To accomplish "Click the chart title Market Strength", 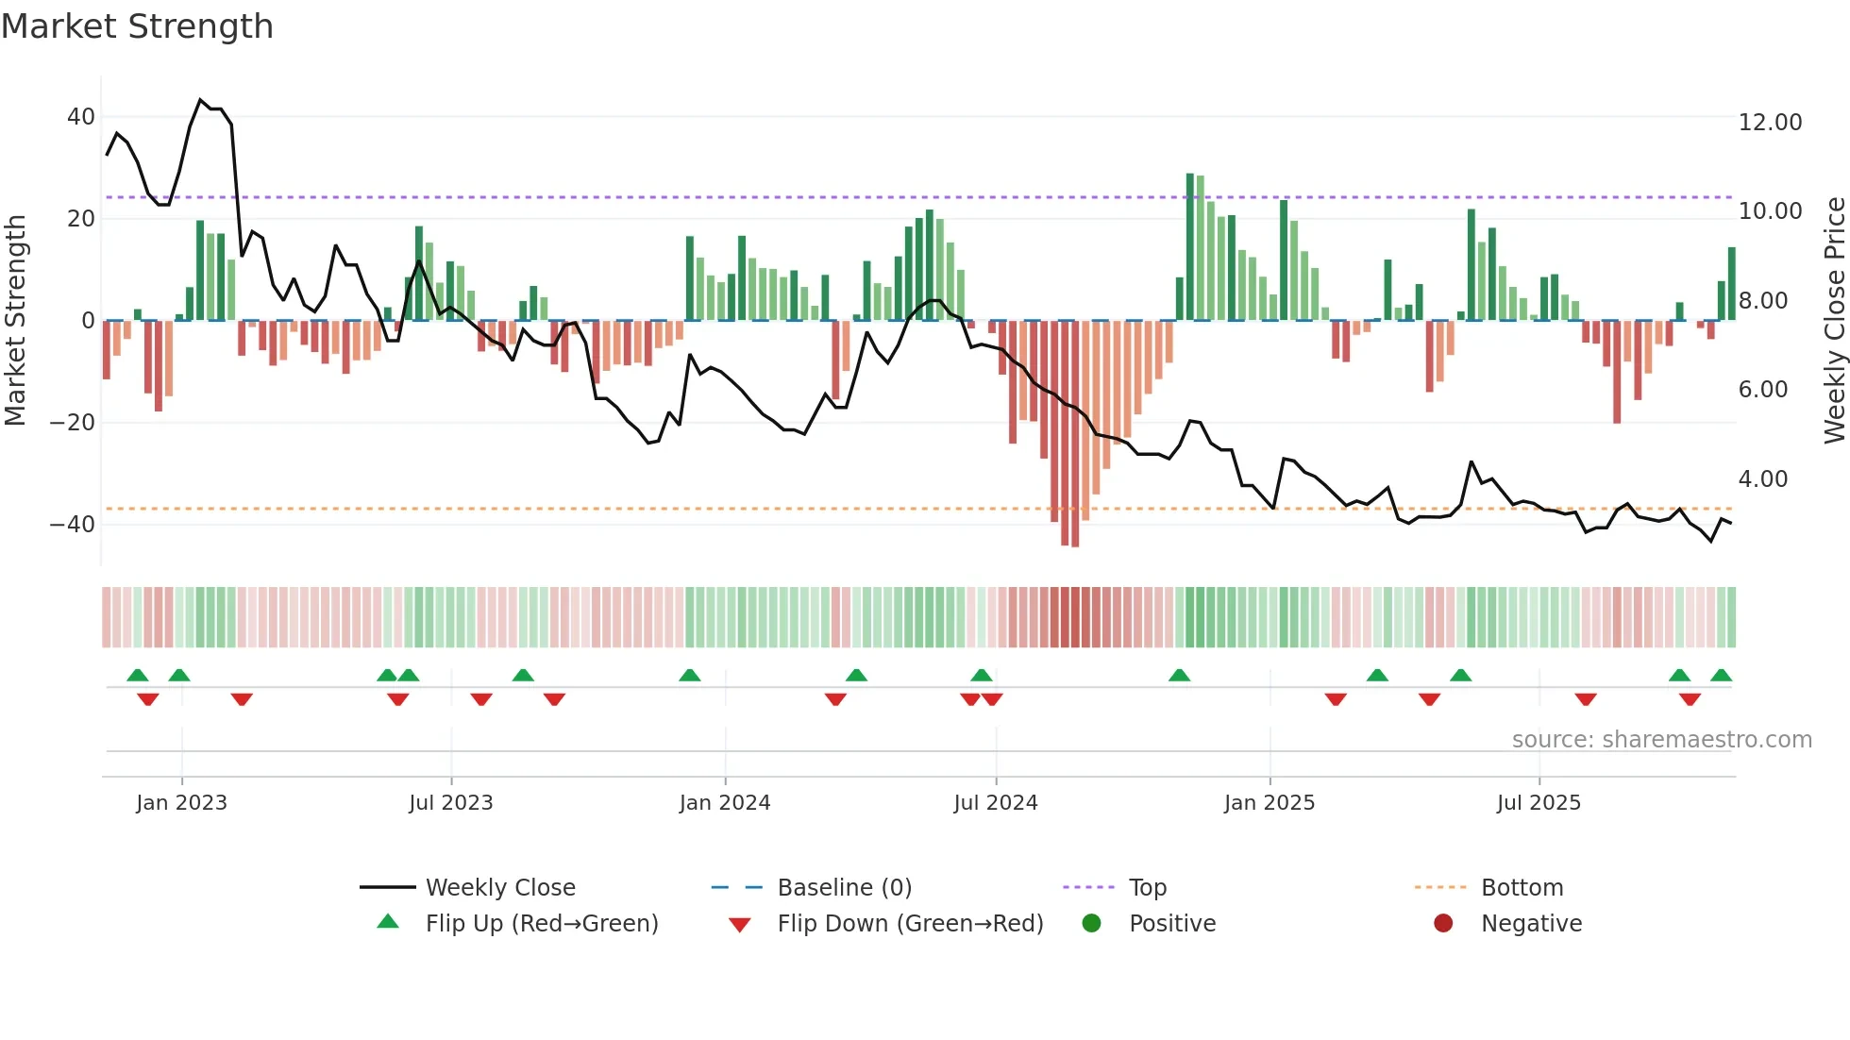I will click(x=137, y=26).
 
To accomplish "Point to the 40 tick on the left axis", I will click(x=81, y=117).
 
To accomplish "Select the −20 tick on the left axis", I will click(x=73, y=423).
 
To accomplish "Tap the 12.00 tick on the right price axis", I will click(x=1770, y=123).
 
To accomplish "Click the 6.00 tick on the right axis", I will click(x=1762, y=390).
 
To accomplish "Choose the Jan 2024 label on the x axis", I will click(x=724, y=803).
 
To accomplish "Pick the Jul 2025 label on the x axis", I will click(x=1538, y=803).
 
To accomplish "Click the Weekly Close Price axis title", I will click(x=1834, y=321).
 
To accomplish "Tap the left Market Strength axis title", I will click(x=16, y=321).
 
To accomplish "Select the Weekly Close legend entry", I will click(x=499, y=888).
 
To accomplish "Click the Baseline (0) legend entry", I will click(x=844, y=888).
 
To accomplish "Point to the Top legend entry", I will click(x=1147, y=888).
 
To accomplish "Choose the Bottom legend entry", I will click(x=1522, y=888).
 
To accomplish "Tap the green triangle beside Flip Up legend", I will click(x=388, y=922).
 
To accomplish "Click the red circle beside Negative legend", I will click(x=1442, y=923).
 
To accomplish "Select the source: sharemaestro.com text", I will click(x=1661, y=740).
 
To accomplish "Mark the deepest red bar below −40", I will click(x=1075, y=434).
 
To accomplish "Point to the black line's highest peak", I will click(x=200, y=100).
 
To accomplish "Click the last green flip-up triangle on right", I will click(x=1721, y=676).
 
